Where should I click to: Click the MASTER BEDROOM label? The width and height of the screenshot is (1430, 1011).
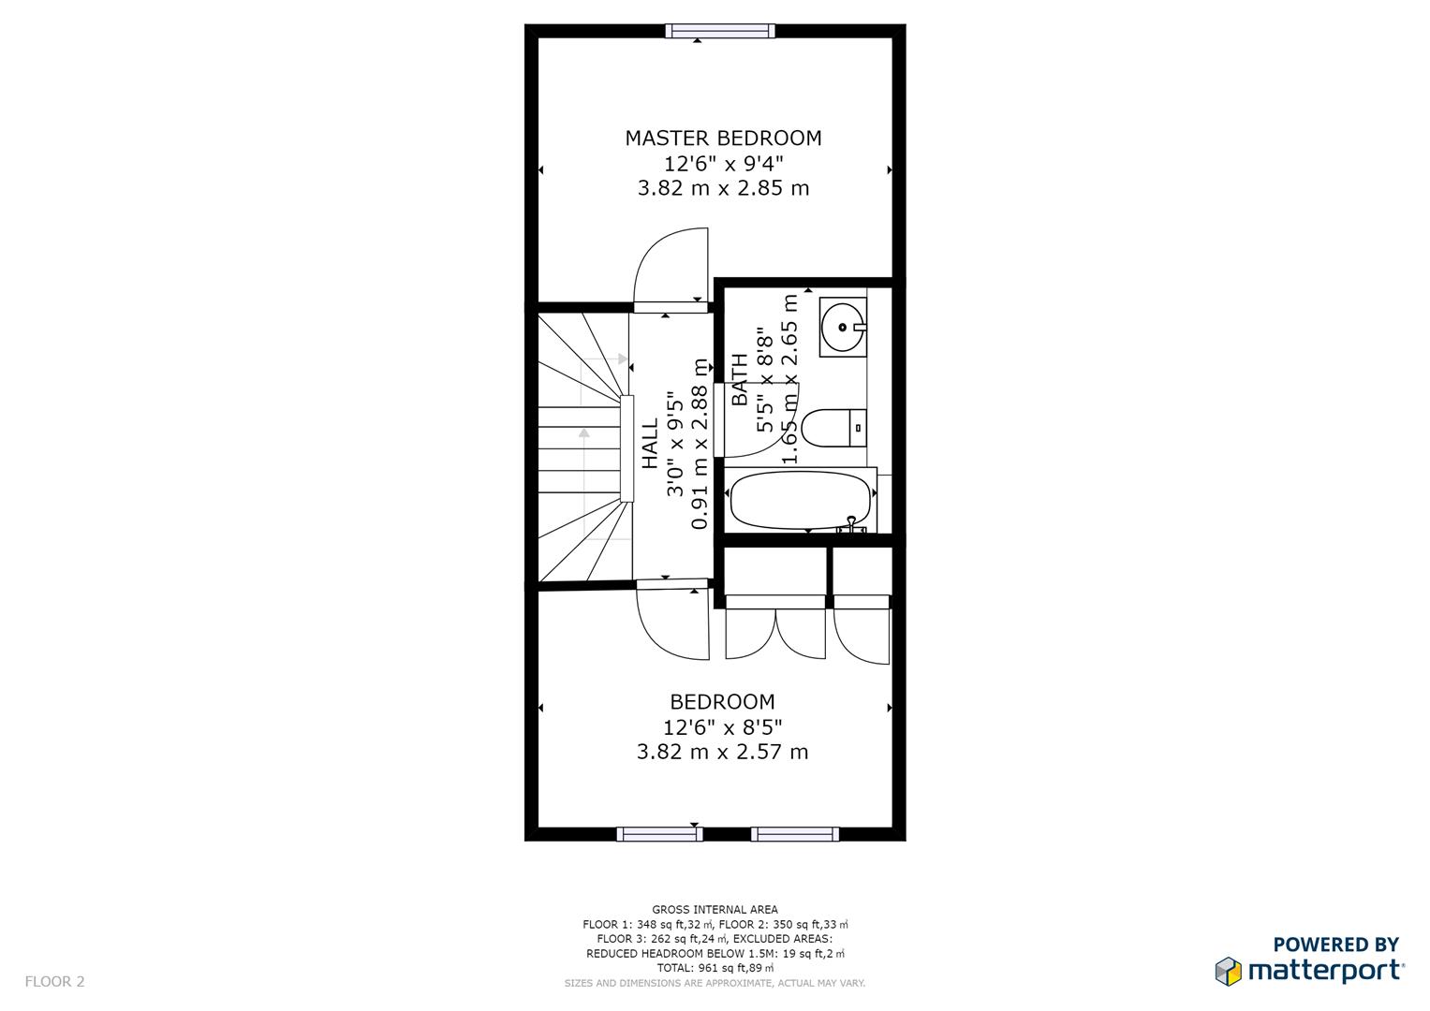click(x=723, y=139)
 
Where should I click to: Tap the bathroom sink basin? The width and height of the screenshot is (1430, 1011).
click(x=843, y=327)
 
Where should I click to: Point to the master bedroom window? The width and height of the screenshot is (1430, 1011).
click(x=720, y=31)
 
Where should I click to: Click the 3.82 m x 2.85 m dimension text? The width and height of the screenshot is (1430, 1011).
click(x=723, y=188)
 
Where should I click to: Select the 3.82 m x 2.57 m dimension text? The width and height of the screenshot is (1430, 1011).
click(x=722, y=752)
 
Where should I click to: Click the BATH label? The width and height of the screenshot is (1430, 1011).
click(x=740, y=379)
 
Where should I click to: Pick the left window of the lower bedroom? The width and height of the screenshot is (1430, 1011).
click(x=659, y=834)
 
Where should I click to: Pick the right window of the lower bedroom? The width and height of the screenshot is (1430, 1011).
click(x=795, y=834)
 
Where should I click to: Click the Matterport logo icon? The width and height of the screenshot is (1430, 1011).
click(x=1229, y=971)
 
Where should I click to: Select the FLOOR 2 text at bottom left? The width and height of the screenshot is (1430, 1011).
click(x=54, y=982)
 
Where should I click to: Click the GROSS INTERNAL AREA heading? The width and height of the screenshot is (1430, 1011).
click(x=715, y=909)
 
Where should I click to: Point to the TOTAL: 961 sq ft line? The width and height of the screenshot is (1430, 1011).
click(x=715, y=968)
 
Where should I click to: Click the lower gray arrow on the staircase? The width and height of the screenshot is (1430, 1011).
click(x=584, y=433)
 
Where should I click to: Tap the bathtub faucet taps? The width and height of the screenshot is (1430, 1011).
click(x=850, y=525)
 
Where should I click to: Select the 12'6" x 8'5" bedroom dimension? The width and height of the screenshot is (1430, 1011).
click(x=722, y=726)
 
